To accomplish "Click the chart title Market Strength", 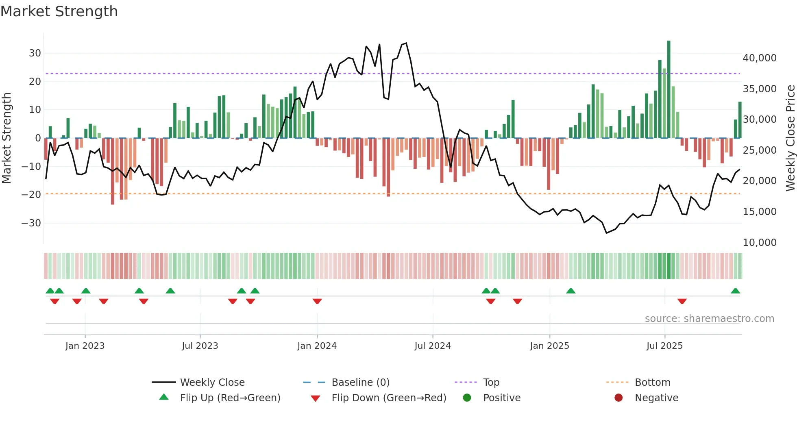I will [x=59, y=11].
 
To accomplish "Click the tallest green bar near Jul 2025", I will [x=669, y=89].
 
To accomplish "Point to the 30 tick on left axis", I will [x=35, y=53].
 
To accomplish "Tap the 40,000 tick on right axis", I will [x=759, y=58].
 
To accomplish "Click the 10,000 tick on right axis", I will [x=759, y=243].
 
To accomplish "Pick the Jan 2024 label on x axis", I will [x=317, y=346].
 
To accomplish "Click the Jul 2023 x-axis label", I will [x=200, y=346].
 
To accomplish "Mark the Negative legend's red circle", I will [x=618, y=398].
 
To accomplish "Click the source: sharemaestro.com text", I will [x=709, y=319].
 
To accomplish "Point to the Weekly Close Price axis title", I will [x=790, y=138].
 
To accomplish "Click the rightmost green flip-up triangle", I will [x=735, y=291].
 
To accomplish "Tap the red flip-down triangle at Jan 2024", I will [x=317, y=301].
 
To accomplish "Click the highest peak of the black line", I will [x=406, y=43].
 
